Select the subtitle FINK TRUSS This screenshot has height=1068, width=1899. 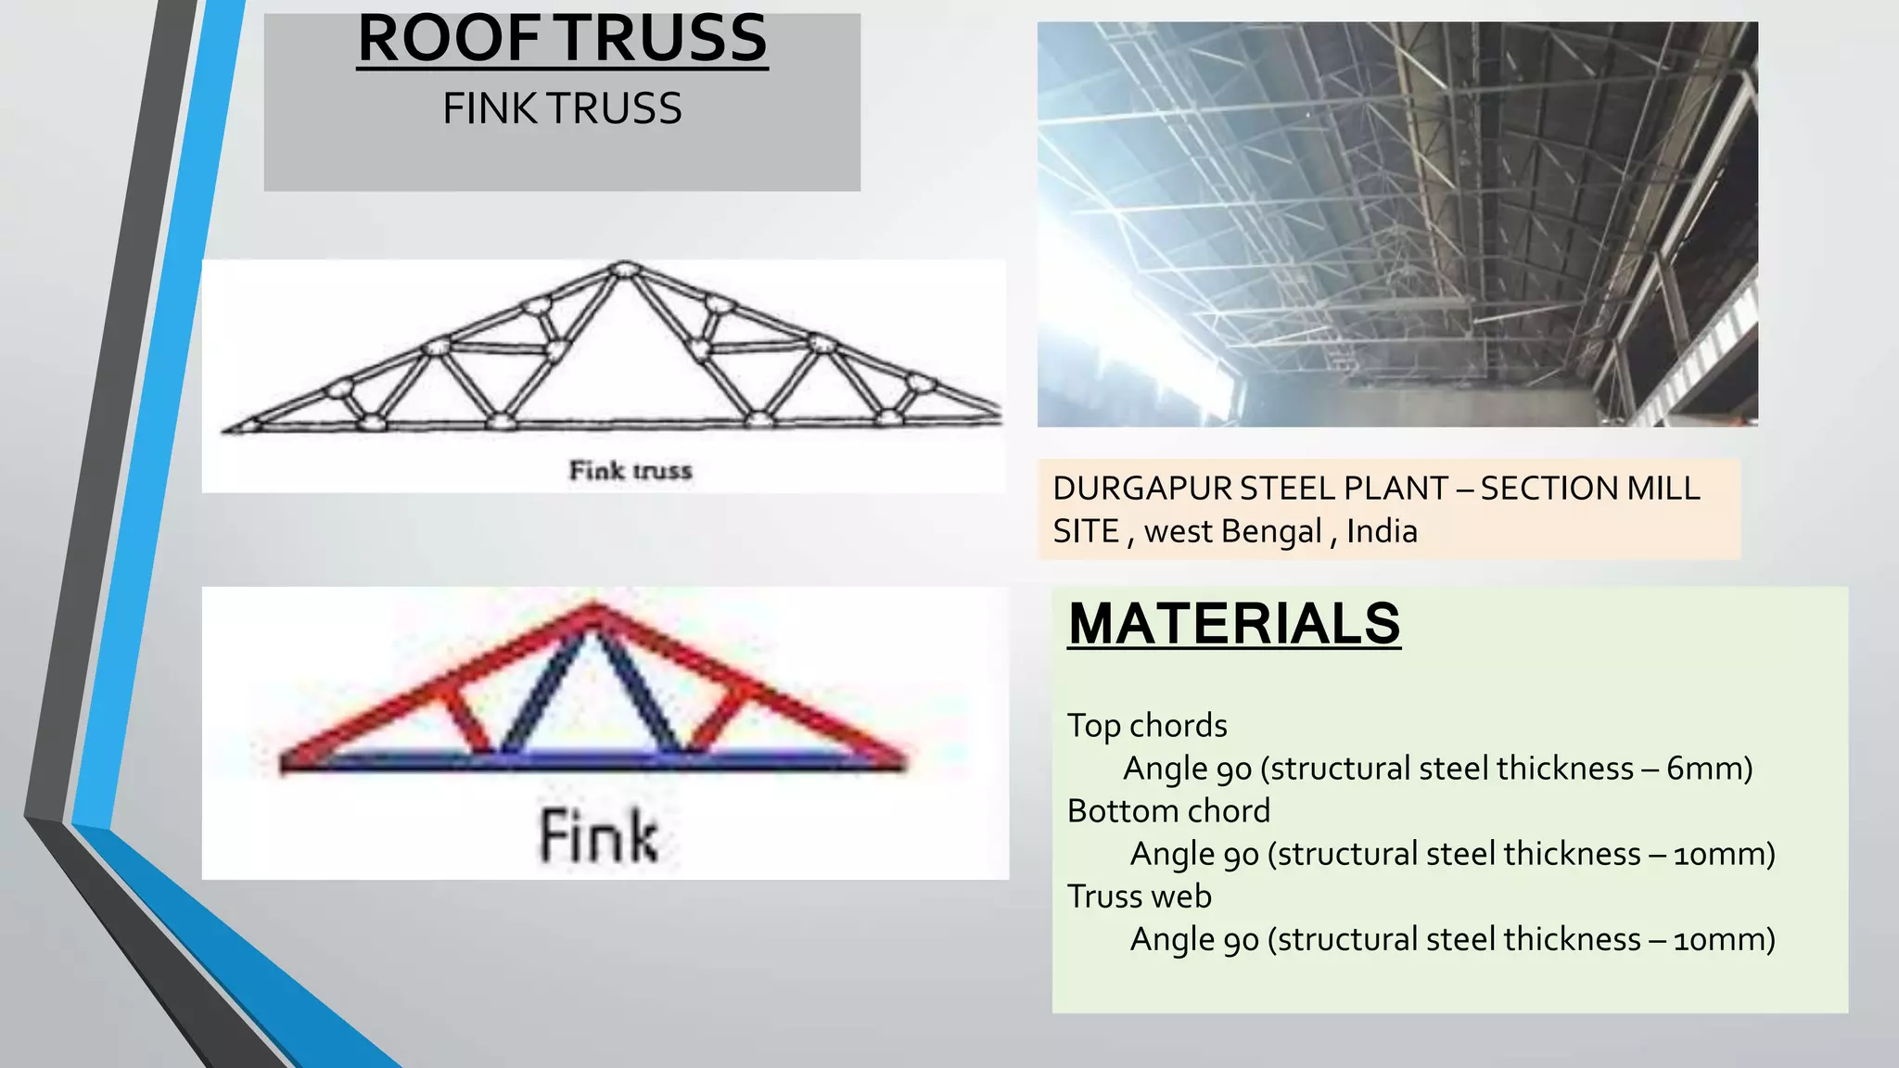click(x=562, y=108)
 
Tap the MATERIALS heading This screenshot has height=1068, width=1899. click(x=1233, y=623)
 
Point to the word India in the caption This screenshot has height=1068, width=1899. click(x=1382, y=531)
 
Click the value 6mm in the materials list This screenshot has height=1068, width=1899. click(x=1702, y=769)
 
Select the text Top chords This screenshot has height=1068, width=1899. click(x=1147, y=725)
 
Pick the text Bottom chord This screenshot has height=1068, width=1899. click(x=1168, y=811)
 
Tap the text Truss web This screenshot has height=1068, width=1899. click(x=1140, y=896)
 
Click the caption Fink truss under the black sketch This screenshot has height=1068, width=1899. click(x=631, y=471)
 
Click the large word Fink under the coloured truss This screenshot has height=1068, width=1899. click(x=599, y=836)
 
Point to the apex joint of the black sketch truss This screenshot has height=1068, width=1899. click(x=623, y=269)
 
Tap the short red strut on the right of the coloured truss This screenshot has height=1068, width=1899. click(x=719, y=718)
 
